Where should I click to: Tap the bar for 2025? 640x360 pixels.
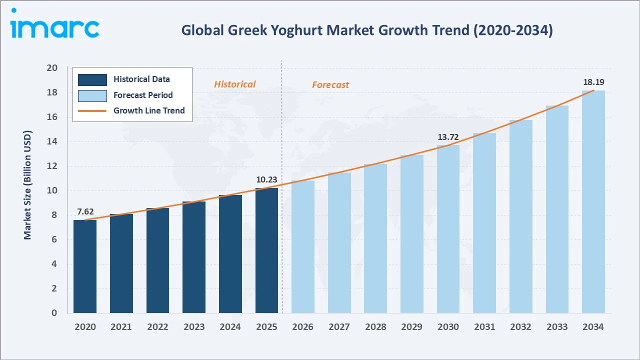(266, 250)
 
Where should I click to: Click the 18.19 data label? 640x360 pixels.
(593, 82)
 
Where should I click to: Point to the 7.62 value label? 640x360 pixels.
(85, 211)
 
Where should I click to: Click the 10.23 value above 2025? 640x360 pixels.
(266, 180)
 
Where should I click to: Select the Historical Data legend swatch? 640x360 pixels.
(92, 79)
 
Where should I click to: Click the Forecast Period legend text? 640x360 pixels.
(143, 95)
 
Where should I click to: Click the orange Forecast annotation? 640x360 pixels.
(330, 85)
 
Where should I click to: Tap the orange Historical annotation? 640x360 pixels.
(234, 84)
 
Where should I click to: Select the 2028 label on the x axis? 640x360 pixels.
(375, 327)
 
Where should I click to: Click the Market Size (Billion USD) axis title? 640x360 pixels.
(27, 185)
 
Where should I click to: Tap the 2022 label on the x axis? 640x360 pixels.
(157, 327)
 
